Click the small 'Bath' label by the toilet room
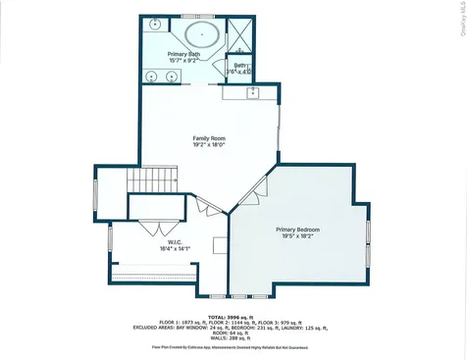[x=240, y=65]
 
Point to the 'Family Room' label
[x=209, y=138]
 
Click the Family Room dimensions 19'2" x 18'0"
[x=209, y=145]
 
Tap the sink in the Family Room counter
[x=251, y=93]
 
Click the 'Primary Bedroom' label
[x=297, y=230]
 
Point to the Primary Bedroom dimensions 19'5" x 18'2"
[x=297, y=236]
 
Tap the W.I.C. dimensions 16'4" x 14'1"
[x=148, y=248]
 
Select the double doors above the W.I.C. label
[x=149, y=226]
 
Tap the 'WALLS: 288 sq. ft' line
[x=233, y=338]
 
